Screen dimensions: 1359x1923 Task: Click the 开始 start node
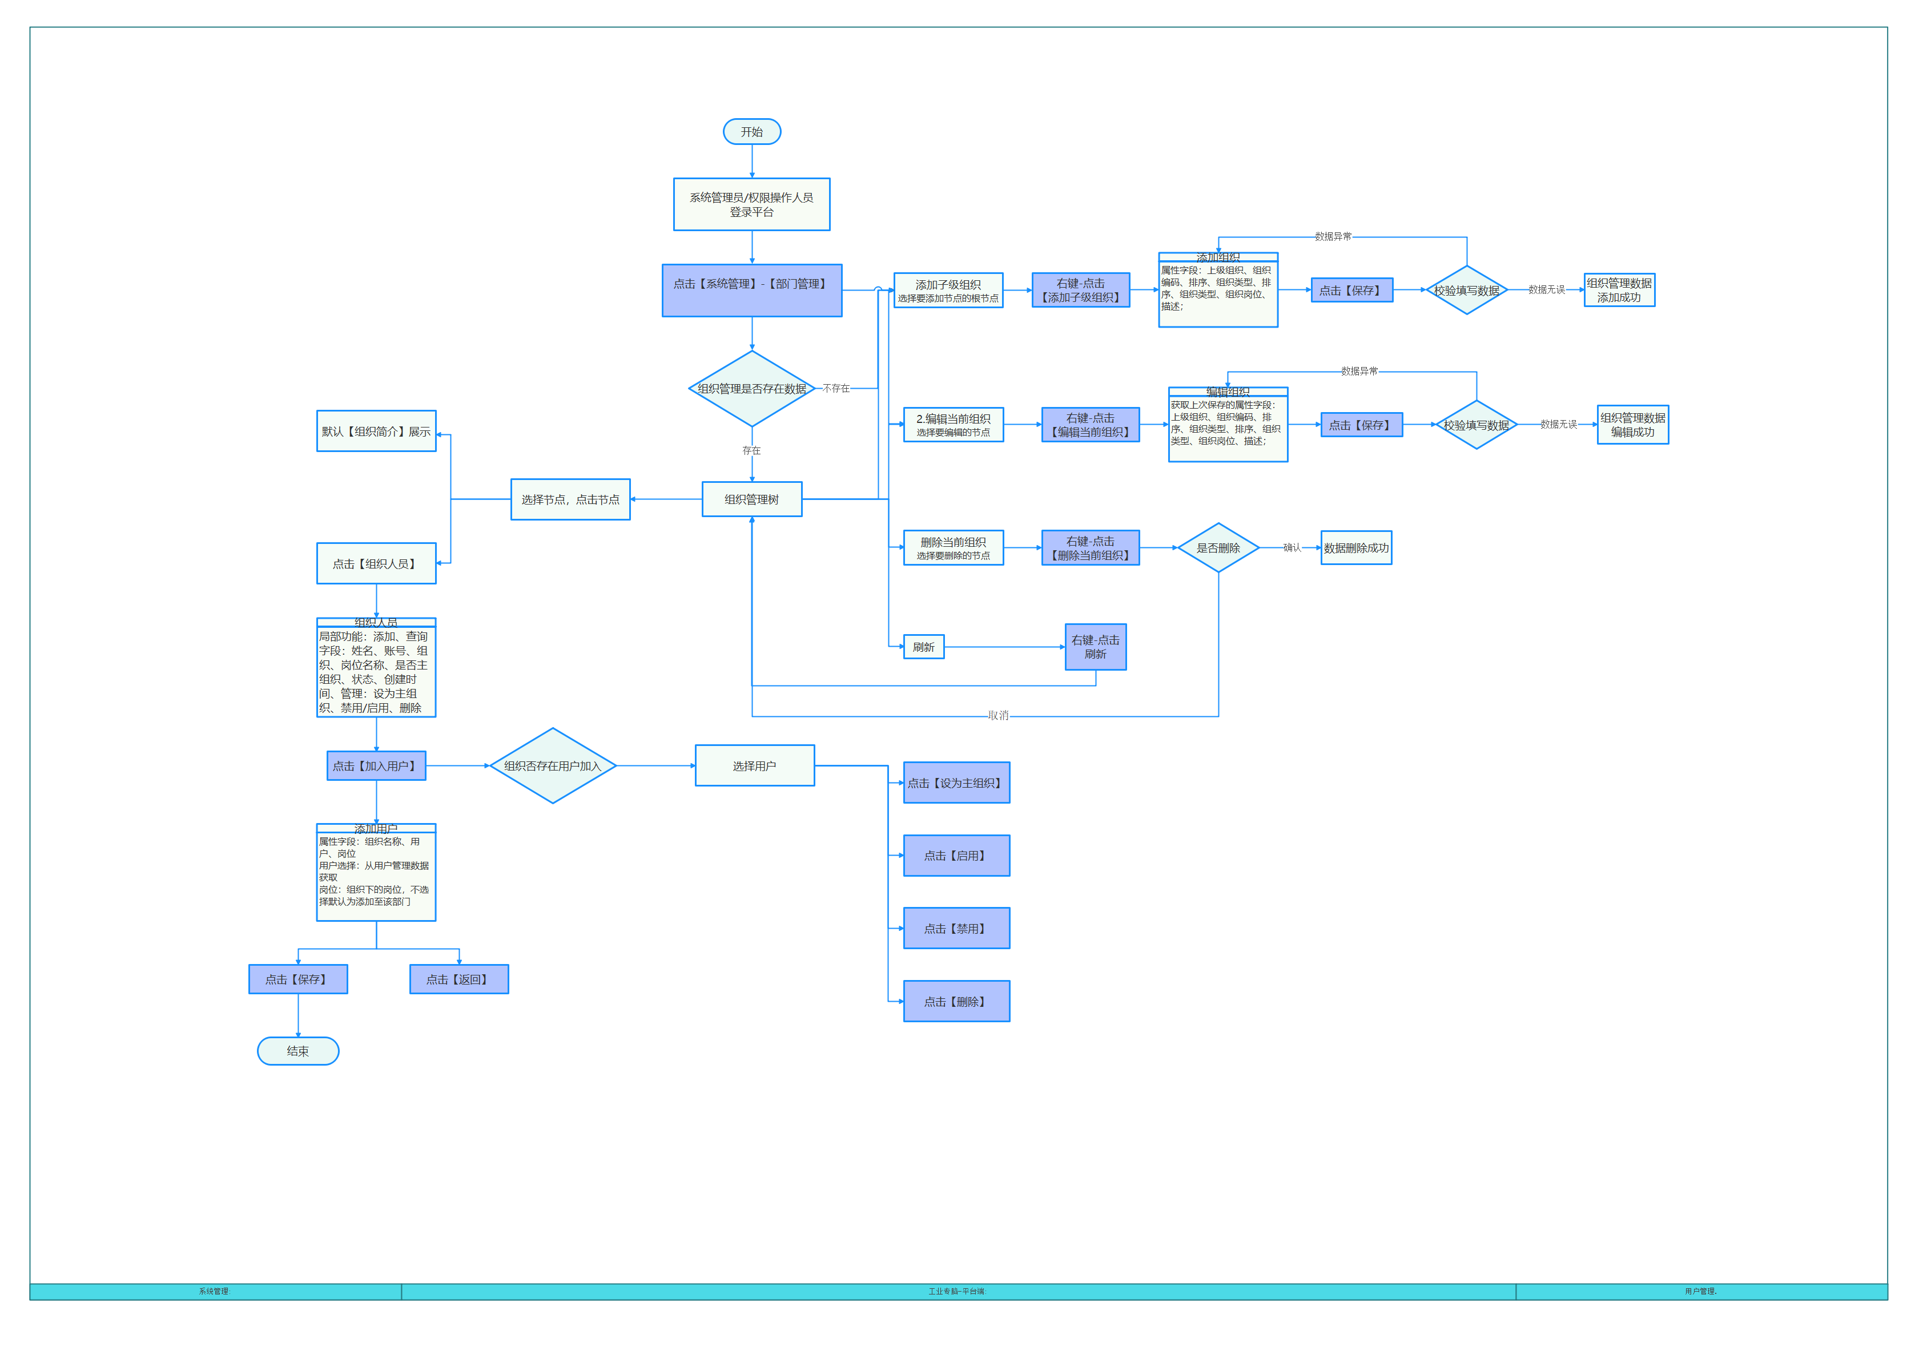(751, 131)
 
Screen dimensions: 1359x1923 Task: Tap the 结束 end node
(297, 1051)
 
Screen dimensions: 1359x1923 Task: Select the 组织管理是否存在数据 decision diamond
(751, 389)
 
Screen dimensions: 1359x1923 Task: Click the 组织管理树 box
(751, 499)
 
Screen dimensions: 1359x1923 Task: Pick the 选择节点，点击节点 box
(570, 499)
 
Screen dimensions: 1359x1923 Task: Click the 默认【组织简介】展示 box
(376, 432)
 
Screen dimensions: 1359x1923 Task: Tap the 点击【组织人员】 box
(376, 563)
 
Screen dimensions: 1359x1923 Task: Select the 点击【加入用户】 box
(376, 765)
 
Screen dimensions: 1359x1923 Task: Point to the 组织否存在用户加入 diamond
(553, 765)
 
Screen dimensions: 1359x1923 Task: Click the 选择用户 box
(754, 765)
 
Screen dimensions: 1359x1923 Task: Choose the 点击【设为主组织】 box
(956, 783)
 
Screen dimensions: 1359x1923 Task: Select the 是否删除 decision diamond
(1218, 547)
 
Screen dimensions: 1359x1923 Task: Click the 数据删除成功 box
(1356, 547)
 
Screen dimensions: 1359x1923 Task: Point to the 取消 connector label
(999, 716)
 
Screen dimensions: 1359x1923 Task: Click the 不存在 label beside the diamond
(836, 389)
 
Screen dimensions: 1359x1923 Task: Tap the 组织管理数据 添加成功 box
(1619, 290)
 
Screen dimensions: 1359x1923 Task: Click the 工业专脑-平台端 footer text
(958, 1291)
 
